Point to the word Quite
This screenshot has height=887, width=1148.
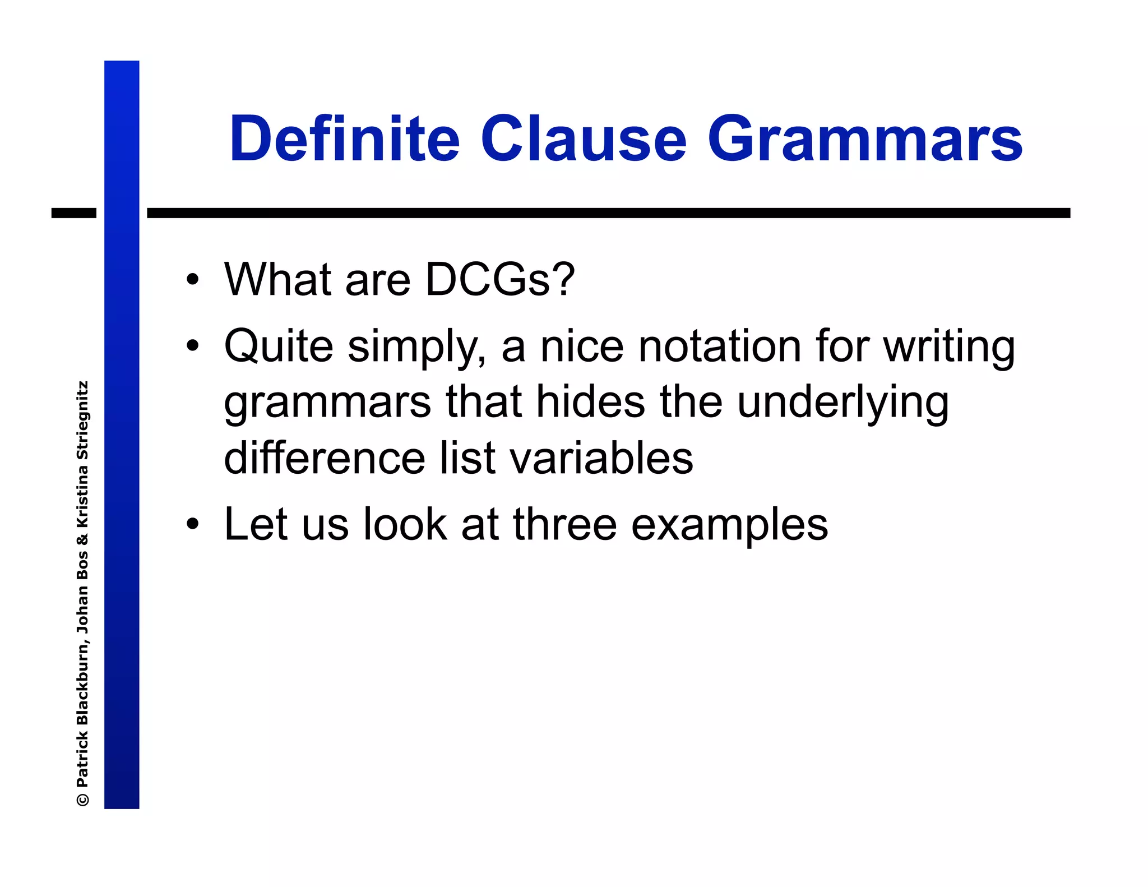point(279,346)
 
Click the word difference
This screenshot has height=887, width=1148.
point(325,458)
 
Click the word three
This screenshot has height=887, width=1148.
point(564,524)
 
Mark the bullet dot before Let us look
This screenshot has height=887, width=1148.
point(193,524)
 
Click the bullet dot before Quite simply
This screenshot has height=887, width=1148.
point(193,346)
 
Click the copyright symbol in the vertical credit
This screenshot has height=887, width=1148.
point(82,799)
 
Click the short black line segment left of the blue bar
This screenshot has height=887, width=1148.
point(74,213)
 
